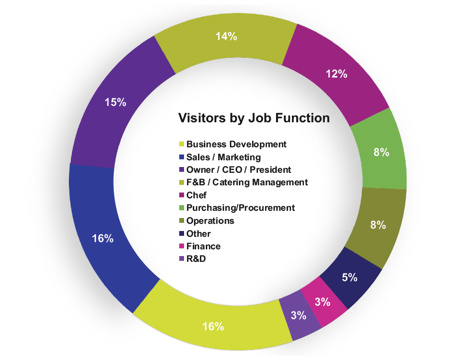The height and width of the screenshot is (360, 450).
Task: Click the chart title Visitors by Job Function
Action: pos(254,118)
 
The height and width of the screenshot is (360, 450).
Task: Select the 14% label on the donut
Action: pos(226,36)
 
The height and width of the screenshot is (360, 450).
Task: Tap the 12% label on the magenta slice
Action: pos(336,74)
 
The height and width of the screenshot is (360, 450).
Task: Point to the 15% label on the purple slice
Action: pos(116,102)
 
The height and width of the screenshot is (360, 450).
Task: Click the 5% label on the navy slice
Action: pos(350,277)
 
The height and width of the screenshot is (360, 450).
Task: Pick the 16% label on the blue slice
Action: pos(103,238)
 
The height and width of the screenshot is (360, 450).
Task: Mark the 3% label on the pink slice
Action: pos(322,302)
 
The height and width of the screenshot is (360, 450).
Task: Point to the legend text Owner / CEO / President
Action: pos(238,169)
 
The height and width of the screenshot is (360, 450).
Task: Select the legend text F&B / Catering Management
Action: pos(247,182)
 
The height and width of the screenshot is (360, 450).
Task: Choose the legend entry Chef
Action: pos(196,195)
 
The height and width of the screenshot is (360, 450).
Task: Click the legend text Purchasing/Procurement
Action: pos(240,208)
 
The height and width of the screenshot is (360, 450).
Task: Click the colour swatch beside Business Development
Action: pos(182,144)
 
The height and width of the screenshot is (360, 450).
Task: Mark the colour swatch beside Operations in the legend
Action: pos(182,221)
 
